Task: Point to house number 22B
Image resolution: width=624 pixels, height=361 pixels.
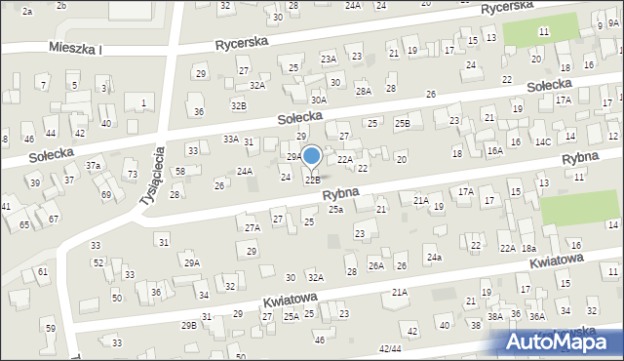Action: pyautogui.click(x=312, y=180)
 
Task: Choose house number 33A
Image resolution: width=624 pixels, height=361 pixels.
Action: pyautogui.click(x=230, y=140)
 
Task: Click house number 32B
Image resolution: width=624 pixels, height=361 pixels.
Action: pyautogui.click(x=238, y=104)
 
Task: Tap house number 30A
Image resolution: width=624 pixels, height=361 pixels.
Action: pyautogui.click(x=318, y=100)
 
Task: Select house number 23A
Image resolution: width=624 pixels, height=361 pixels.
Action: pyautogui.click(x=330, y=60)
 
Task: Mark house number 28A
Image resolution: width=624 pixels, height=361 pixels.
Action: pyautogui.click(x=363, y=91)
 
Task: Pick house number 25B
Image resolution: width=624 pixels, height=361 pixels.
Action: pyautogui.click(x=402, y=124)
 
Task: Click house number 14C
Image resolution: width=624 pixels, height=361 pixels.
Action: pyautogui.click(x=542, y=141)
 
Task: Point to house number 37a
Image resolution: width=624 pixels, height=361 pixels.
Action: pyautogui.click(x=94, y=166)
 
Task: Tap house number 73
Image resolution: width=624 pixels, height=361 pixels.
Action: pyautogui.click(x=132, y=174)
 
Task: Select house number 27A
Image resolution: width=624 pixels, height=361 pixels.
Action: pyautogui.click(x=252, y=227)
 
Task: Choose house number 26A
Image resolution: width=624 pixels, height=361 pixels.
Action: pyautogui.click(x=376, y=265)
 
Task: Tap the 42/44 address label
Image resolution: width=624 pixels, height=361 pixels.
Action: pyautogui.click(x=390, y=348)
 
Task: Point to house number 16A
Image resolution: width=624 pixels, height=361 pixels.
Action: pyautogui.click(x=494, y=151)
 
